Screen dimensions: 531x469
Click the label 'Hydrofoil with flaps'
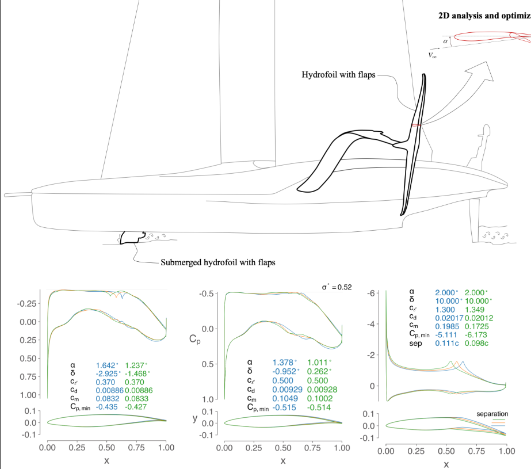(x=338, y=74)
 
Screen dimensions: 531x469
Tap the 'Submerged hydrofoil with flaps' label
(x=218, y=262)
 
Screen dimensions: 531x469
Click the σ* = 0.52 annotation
(x=337, y=287)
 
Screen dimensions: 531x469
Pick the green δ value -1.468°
(x=137, y=373)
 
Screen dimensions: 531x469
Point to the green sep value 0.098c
(x=476, y=343)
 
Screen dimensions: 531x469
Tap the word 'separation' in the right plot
(x=492, y=414)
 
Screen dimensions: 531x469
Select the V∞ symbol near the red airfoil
(x=433, y=55)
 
